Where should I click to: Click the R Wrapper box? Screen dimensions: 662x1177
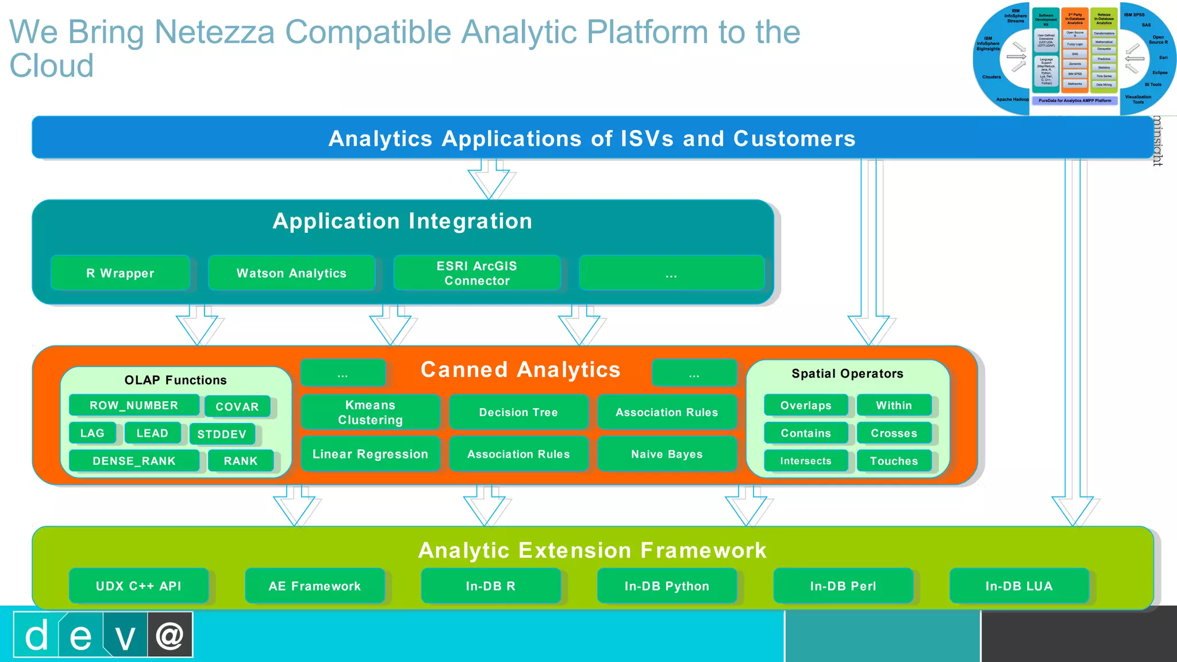pos(120,273)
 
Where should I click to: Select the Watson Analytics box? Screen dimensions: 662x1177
pos(291,273)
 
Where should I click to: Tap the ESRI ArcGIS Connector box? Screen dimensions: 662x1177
pos(476,273)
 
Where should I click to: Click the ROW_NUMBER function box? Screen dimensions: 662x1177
pos(134,405)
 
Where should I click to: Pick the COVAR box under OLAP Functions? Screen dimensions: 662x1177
pos(237,406)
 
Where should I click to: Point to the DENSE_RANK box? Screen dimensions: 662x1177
pos(134,461)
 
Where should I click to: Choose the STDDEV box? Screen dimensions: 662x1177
pos(222,434)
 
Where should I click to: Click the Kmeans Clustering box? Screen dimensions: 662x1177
pos(370,412)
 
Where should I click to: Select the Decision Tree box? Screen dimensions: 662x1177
pos(518,412)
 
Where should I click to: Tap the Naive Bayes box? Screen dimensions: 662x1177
pos(667,454)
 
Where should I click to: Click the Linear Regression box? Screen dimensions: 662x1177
pos(370,454)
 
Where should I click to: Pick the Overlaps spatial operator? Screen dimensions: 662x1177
pos(806,405)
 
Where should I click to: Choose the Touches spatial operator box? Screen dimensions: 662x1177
pos(894,461)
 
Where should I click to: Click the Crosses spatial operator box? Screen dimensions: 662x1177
pos(894,433)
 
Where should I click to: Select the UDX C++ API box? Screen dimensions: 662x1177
pos(139,586)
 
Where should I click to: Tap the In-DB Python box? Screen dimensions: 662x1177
pos(667,586)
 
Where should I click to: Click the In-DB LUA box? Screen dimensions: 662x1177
pos(1019,586)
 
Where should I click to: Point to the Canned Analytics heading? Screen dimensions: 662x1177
pos(520,370)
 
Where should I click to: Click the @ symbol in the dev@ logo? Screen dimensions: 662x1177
pos(170,635)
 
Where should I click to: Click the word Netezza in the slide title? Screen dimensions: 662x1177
pos(215,32)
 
